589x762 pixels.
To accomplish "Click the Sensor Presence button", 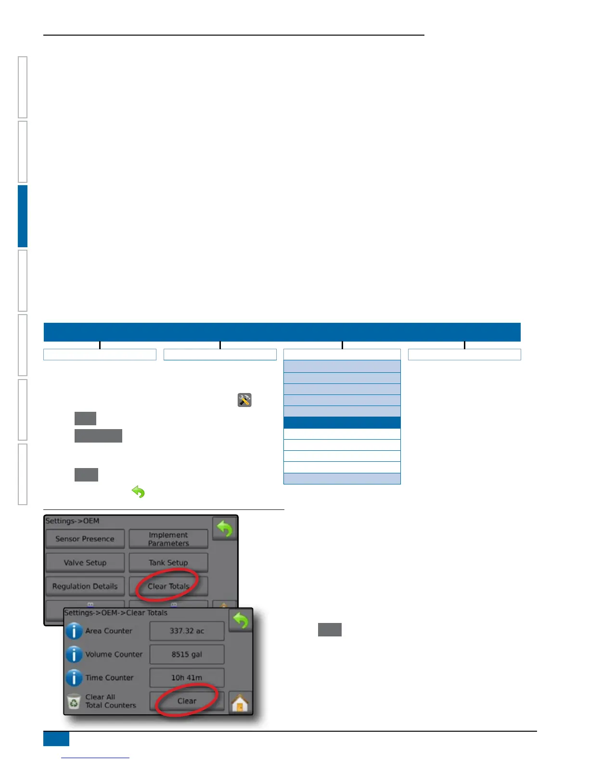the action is point(85,539).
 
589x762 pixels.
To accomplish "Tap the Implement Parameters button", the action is point(168,539).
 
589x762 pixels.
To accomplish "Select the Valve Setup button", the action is point(85,562).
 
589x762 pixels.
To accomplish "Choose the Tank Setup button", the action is point(168,562).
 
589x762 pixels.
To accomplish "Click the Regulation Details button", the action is point(85,586).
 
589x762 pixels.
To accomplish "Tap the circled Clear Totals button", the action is point(168,586).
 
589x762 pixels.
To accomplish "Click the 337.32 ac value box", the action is point(187,631).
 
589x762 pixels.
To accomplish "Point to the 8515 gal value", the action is point(187,654).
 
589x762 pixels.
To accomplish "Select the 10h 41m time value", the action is point(187,677).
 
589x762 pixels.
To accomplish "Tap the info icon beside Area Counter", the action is point(74,631).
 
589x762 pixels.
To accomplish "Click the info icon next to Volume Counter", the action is point(74,654).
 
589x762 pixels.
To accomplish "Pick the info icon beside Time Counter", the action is point(74,677).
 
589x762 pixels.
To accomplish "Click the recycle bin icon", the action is point(74,701).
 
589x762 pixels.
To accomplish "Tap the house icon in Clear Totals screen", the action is point(240,703).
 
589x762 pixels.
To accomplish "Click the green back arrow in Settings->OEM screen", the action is point(225,529).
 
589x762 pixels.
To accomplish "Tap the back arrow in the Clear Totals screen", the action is point(241,621).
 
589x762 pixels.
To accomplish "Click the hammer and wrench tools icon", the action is point(244,400).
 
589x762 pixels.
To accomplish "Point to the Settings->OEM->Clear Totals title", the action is point(116,613).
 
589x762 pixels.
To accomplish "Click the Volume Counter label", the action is point(114,654).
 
